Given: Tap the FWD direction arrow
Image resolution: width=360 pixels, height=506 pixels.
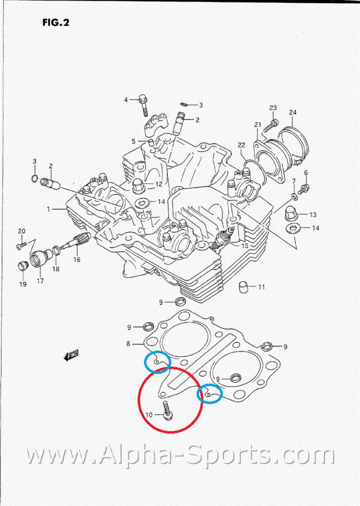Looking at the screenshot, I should tap(72, 356).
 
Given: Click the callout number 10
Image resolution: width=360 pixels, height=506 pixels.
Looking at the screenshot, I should tap(149, 415).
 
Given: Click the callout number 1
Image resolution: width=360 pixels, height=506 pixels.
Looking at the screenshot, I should tap(48, 209).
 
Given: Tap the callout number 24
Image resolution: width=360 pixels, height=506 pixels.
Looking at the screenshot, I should tap(292, 112).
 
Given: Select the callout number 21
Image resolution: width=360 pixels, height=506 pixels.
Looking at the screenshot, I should tap(257, 125).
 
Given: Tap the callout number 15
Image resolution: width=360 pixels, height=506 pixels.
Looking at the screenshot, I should tap(245, 245).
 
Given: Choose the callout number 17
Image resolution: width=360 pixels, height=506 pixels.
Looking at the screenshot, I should tap(40, 281).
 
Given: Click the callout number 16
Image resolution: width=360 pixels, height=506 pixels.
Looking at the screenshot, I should tap(76, 259).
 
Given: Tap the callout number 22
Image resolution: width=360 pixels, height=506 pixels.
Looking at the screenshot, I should tap(241, 145).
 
